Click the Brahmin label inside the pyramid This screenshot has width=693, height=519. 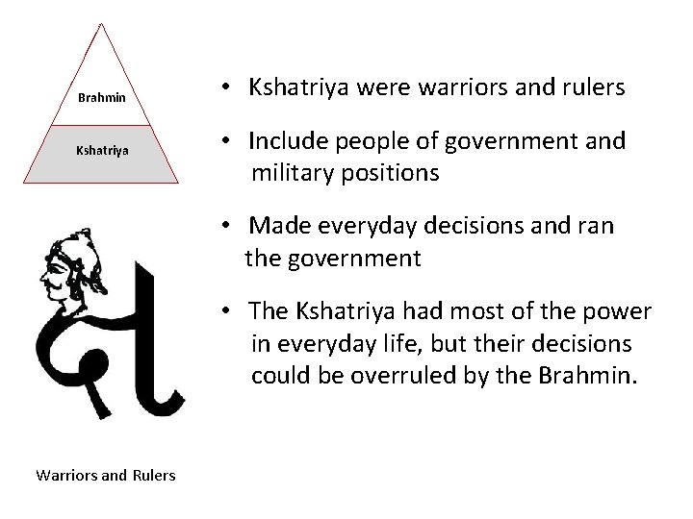(x=103, y=98)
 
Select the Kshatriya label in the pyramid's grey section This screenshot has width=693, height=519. (x=103, y=151)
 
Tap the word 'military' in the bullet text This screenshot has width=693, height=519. (x=293, y=173)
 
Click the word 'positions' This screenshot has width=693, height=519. (x=390, y=173)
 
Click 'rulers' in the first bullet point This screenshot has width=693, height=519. (x=594, y=87)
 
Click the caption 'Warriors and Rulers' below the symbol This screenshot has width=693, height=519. (x=106, y=474)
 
